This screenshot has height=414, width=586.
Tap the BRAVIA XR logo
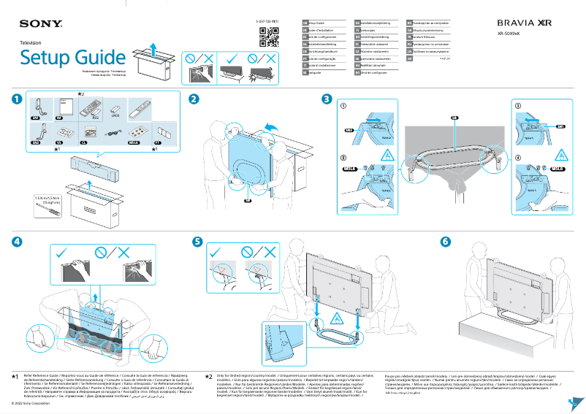[x=524, y=23]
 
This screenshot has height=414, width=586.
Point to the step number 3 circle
[x=327, y=99]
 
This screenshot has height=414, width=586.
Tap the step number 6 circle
[x=445, y=241]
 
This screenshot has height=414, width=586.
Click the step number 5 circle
[x=197, y=241]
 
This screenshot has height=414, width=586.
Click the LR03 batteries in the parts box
[x=114, y=110]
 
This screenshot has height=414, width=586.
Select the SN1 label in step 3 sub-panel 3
[x=561, y=126]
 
